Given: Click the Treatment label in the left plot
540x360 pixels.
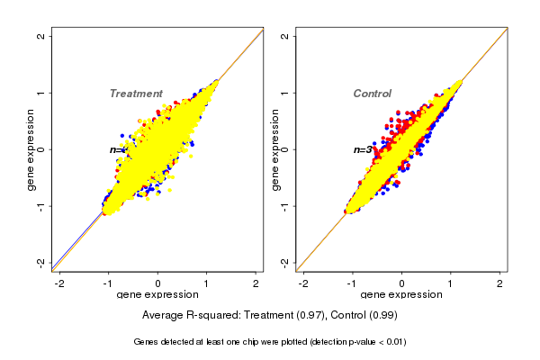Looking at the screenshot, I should (x=136, y=94).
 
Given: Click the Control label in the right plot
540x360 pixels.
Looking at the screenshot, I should (x=372, y=94).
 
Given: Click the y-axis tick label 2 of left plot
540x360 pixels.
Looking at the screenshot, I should (x=41, y=36).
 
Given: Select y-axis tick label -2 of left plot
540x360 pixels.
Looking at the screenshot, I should (x=41, y=262).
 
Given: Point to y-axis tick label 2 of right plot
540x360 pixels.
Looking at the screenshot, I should (x=285, y=36).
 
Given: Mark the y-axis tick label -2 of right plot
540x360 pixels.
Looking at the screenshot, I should (x=285, y=262).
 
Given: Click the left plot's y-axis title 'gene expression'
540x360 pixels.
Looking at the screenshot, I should (x=31, y=149).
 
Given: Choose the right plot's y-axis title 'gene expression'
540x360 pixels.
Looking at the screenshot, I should (x=274, y=149).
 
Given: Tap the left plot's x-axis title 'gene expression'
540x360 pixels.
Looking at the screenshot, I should (x=157, y=295).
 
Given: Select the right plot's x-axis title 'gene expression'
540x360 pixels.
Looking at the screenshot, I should (x=401, y=295).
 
